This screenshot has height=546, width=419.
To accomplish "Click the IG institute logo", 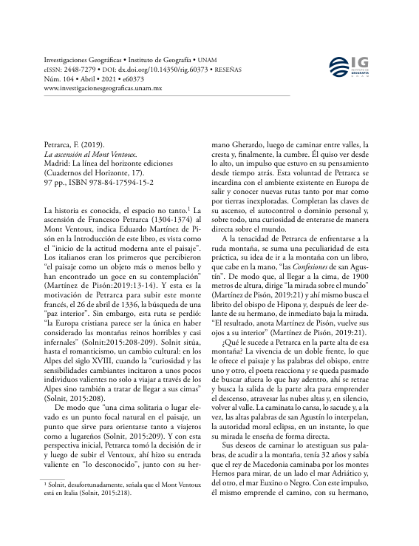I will pyautogui.click(x=355, y=68).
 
